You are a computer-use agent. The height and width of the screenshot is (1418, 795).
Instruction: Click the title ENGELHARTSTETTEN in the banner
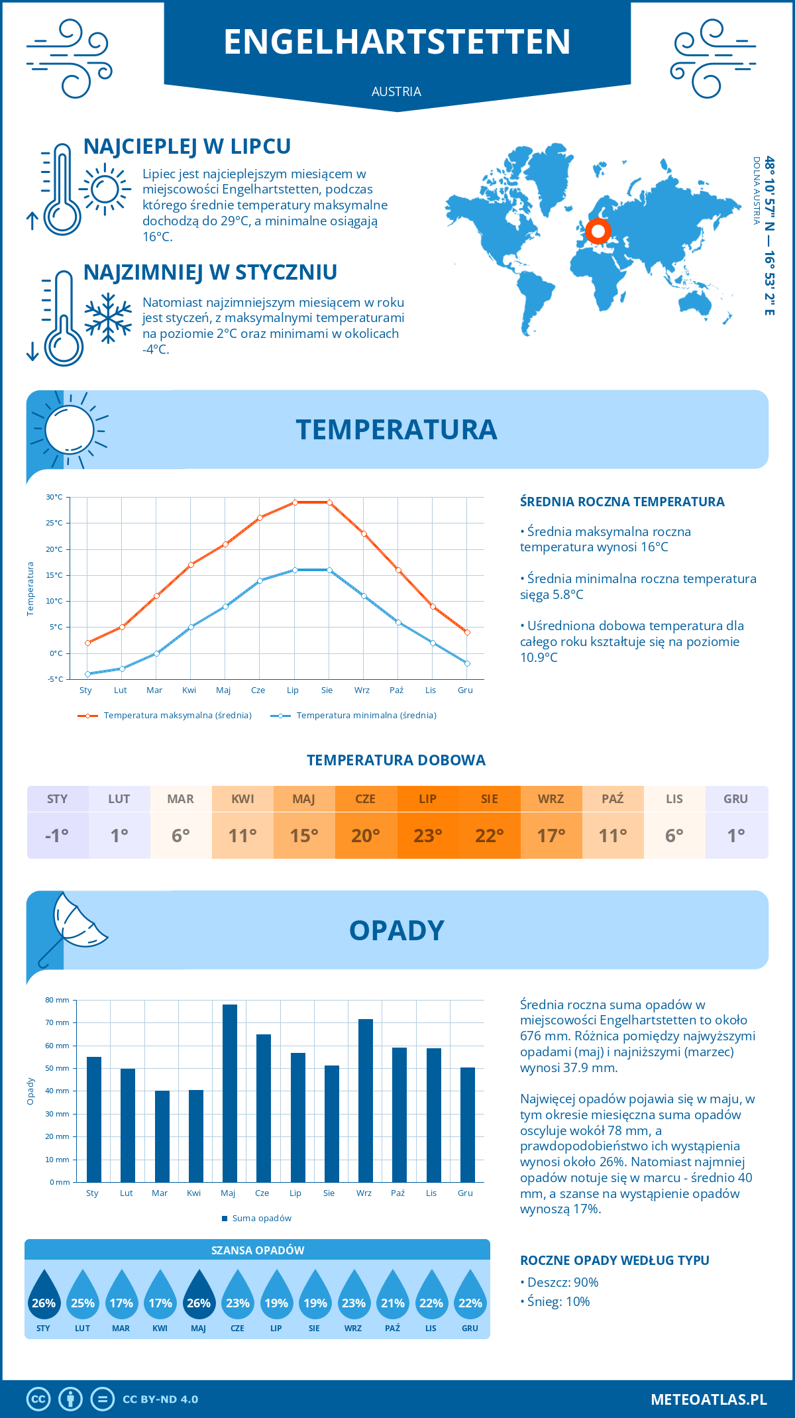397,42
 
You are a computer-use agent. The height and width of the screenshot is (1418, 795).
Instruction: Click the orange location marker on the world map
598,231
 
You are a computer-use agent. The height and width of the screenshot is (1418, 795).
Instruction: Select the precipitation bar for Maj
229,1093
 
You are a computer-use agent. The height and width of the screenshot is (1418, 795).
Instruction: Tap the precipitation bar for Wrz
366,1101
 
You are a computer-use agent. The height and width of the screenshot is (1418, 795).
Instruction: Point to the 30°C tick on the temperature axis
54,497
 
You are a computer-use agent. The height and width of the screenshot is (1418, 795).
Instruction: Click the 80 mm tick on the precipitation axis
58,1000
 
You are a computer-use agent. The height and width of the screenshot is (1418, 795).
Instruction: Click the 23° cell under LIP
427,836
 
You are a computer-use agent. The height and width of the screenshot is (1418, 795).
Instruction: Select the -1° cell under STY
57,836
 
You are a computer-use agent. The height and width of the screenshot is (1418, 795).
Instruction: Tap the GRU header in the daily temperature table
735,799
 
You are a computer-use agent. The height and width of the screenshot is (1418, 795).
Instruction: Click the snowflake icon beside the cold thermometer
108,318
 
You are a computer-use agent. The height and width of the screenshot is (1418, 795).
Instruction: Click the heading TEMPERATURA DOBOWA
396,760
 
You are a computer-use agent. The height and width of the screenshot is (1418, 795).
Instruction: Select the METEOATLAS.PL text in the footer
709,1399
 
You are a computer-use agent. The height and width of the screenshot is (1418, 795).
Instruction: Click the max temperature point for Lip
295,502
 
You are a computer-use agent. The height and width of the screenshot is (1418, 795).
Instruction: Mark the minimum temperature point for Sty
87,674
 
